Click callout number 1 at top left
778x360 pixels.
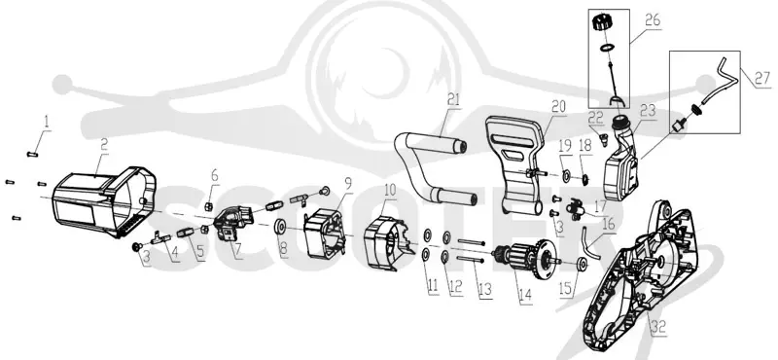(x=47, y=122)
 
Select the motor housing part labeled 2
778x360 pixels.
(x=103, y=200)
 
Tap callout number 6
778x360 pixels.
(x=214, y=176)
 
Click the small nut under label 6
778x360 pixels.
(x=209, y=205)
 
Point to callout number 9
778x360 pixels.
(x=348, y=184)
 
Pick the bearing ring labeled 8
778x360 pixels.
(x=280, y=227)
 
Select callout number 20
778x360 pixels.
(x=558, y=107)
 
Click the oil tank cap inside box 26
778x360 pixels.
(x=604, y=23)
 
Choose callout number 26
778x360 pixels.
(x=653, y=20)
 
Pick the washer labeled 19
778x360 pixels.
(x=566, y=175)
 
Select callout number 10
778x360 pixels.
(x=390, y=190)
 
